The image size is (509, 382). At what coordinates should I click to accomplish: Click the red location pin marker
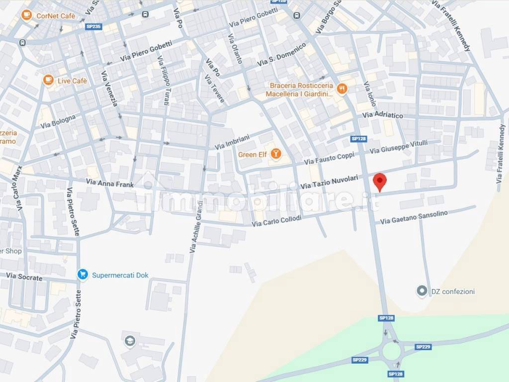[380, 181]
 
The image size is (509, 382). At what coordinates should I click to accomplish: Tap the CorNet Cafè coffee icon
[27, 16]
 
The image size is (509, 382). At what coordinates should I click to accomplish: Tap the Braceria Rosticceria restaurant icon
[341, 89]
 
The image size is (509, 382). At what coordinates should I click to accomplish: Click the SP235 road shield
[93, 27]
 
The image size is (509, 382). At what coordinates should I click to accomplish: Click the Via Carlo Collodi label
[276, 221]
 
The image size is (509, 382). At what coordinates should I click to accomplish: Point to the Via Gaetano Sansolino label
[414, 217]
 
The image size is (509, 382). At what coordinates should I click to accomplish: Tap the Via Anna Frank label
[110, 184]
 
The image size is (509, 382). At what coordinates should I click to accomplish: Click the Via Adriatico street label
[382, 115]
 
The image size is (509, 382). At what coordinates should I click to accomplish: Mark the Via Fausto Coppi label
[329, 159]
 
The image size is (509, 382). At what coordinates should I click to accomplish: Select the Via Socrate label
[24, 277]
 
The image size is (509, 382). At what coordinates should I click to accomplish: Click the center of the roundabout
[391, 352]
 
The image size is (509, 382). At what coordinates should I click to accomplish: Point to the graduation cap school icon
[130, 341]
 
